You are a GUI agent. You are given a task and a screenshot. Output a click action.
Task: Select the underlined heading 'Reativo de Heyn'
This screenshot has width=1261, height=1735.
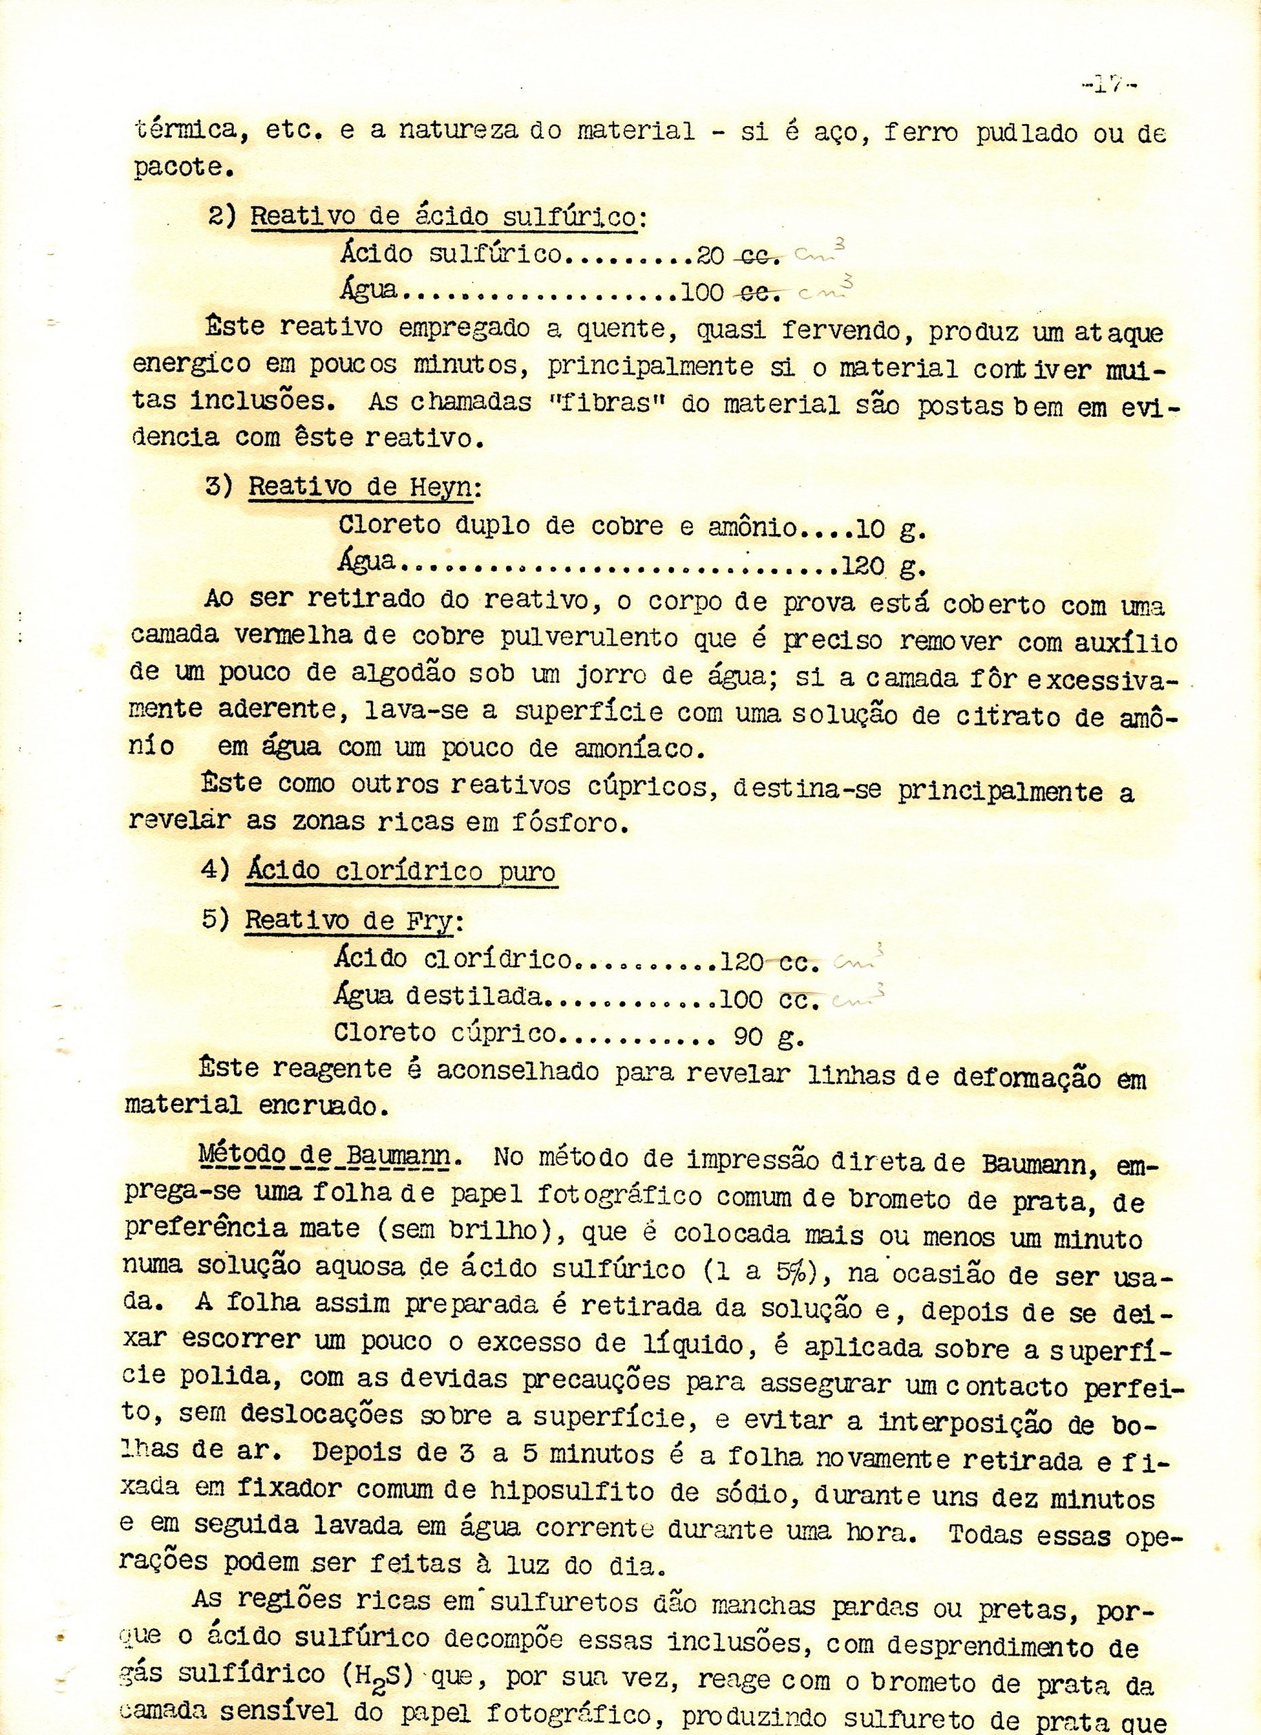click(359, 487)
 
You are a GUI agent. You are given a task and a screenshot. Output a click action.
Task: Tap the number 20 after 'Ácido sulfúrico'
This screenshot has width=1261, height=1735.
click(710, 256)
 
